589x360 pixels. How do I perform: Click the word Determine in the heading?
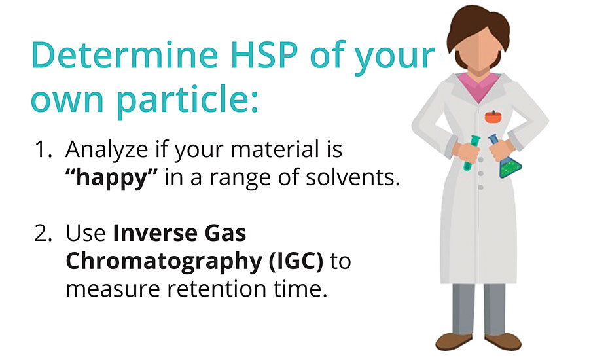tap(125, 55)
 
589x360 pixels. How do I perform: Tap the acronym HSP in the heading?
tap(264, 55)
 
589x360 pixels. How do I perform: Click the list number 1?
tap(43, 149)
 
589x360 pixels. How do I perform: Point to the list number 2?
tap(43, 233)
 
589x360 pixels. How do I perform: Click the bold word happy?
tap(111, 178)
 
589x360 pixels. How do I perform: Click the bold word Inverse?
tap(154, 233)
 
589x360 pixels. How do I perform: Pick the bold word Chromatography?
tap(164, 262)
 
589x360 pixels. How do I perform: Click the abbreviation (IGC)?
tap(296, 262)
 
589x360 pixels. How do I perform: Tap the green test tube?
tap(471, 153)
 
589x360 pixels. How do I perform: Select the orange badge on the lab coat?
tap(493, 117)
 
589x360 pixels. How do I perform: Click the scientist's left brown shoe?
tap(503, 341)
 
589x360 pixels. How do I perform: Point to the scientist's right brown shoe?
tap(454, 341)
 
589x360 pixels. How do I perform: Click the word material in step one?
tap(275, 149)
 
